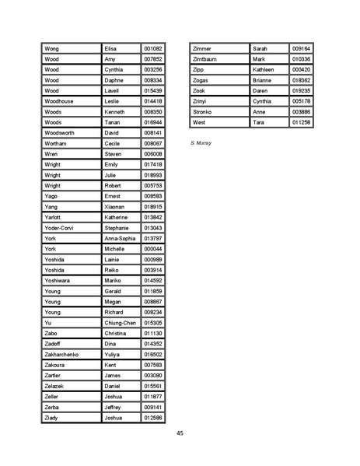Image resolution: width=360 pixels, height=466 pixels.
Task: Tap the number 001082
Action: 153,48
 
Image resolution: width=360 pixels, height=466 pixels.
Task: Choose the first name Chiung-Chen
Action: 120,323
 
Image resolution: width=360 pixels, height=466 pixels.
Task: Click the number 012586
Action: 153,418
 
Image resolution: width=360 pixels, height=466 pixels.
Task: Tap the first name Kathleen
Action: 264,69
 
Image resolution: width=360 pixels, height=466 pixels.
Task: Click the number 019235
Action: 301,91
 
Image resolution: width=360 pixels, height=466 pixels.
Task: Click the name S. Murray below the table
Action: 201,144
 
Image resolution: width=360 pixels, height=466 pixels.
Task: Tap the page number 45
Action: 180,433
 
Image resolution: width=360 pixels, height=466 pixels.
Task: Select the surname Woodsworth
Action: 60,133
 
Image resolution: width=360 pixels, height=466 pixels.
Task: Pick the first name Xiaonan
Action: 116,207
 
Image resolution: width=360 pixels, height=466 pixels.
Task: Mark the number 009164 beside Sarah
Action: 301,48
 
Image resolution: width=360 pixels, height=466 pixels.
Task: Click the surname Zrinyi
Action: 201,101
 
